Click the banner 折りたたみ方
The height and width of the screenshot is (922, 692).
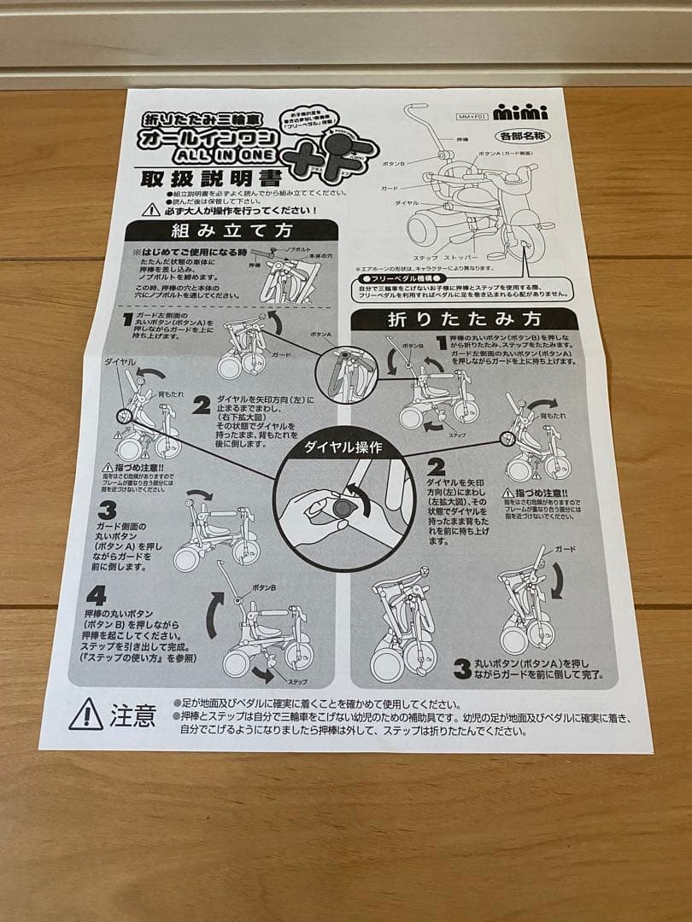pos(465,320)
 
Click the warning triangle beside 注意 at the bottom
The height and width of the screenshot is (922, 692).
pos(86,714)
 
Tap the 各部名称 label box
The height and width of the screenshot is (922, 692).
pos(520,136)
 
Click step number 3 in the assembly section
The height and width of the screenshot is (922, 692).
pos(108,511)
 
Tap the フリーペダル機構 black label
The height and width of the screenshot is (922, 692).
pos(401,278)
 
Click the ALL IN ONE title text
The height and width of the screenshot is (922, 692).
pos(226,155)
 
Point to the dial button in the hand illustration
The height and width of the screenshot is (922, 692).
pos(343,508)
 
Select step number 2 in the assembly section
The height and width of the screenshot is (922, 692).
pos(201,405)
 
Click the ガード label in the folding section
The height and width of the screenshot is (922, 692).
pos(565,548)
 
